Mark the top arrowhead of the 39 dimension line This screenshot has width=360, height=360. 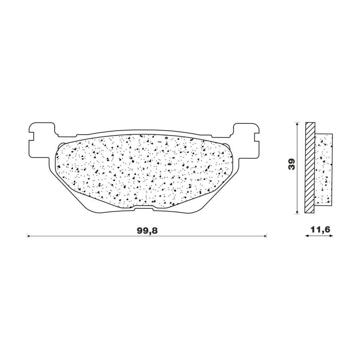click(297, 123)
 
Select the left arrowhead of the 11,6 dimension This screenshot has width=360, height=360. click(307, 235)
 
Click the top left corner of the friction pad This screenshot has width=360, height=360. click(61, 143)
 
